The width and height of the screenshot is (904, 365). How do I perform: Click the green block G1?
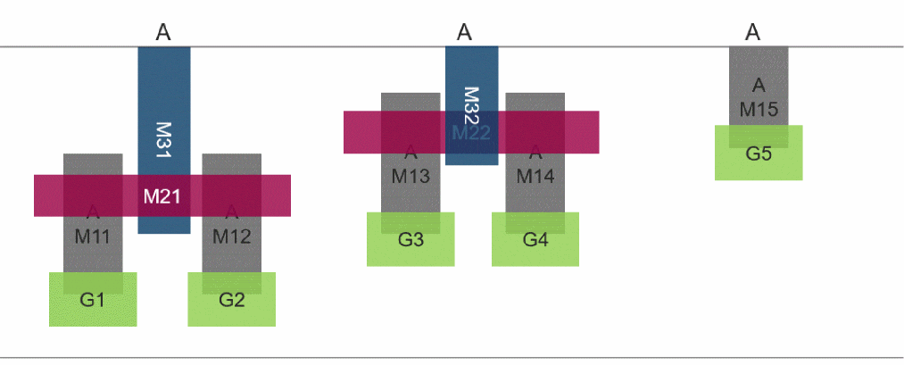[93, 300]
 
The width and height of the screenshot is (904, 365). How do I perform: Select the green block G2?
[231, 300]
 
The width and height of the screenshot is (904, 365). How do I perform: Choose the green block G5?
[759, 153]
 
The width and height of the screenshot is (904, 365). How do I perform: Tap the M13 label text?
[411, 177]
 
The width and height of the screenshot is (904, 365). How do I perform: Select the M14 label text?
[535, 177]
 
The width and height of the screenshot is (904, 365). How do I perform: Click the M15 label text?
[759, 110]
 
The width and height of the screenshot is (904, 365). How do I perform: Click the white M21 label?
[162, 196]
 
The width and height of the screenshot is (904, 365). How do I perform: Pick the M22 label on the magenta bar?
[471, 133]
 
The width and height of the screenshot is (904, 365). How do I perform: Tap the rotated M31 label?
[163, 141]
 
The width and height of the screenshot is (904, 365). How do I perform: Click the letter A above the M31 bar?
[163, 33]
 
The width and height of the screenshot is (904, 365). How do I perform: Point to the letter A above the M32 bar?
[464, 33]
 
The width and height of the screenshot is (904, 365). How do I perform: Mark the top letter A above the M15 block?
[753, 33]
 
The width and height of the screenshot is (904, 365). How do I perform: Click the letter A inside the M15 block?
[759, 87]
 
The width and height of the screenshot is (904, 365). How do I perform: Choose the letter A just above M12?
[232, 212]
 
